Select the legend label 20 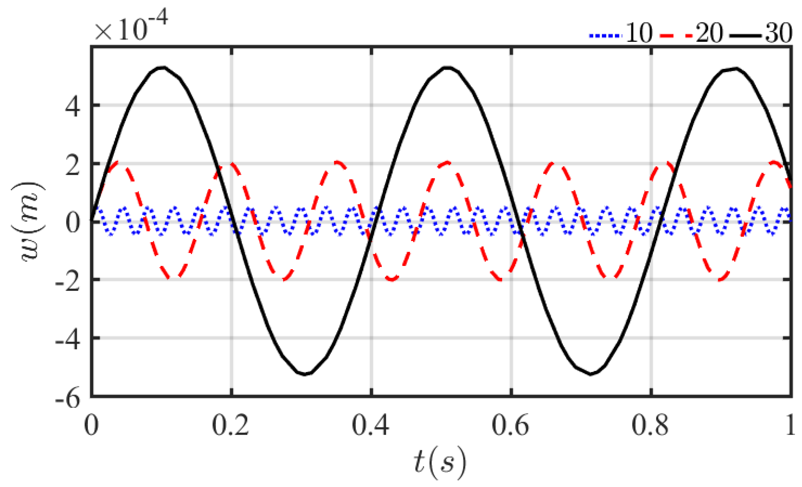(709, 33)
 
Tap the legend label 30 (779, 33)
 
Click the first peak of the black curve (162, 68)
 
